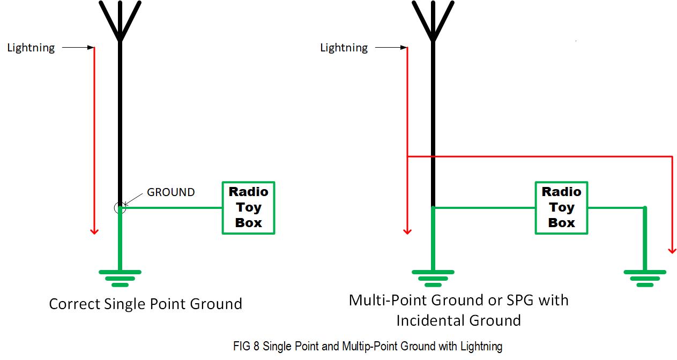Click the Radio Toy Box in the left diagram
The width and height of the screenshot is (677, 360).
[x=248, y=208]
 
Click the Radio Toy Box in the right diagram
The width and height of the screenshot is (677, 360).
[x=562, y=208]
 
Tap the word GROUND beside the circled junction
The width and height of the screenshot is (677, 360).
[x=171, y=192]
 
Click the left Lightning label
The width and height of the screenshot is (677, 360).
[x=31, y=48]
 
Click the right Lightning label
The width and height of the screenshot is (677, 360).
[x=344, y=48]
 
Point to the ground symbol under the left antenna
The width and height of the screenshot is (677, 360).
[x=120, y=278]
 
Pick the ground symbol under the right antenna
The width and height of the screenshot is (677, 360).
[x=433, y=278]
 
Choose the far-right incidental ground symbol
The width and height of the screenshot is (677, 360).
[x=645, y=278]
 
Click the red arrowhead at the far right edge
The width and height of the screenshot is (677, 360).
[x=672, y=251]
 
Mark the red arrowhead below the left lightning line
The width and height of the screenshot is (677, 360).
[x=94, y=232]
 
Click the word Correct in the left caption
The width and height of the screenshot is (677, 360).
[x=75, y=304]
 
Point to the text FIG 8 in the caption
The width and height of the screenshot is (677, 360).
[x=246, y=346]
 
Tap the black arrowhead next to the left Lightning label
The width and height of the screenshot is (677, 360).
[x=91, y=48]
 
